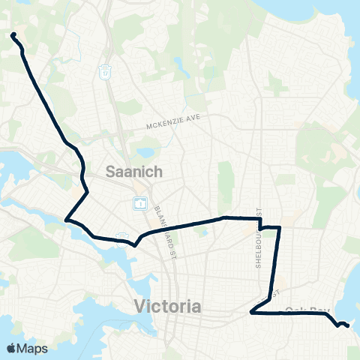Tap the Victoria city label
coord(167,306)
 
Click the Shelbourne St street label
coord(259,225)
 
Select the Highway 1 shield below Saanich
coord(139,202)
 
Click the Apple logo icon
coord(10,348)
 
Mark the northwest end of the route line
coord(13,34)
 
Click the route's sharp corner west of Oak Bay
coord(251,313)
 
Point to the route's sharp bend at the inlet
coord(67,220)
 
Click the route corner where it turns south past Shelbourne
coord(279,227)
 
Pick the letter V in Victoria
coord(139,306)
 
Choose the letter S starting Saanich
coord(110,172)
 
